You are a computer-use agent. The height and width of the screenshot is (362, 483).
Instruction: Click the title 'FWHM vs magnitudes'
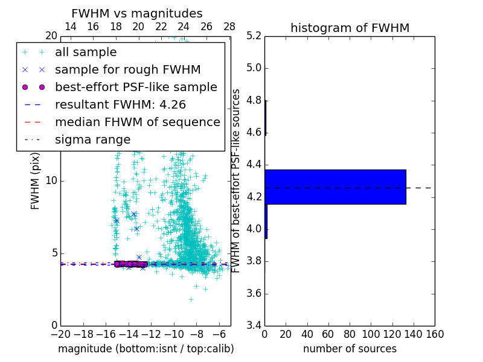[x=137, y=14]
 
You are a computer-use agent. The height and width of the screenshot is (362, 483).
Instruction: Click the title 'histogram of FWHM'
[x=350, y=28]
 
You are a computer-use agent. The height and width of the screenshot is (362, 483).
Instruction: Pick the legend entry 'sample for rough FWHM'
[x=127, y=70]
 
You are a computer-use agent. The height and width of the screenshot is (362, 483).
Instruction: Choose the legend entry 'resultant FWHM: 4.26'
[x=120, y=105]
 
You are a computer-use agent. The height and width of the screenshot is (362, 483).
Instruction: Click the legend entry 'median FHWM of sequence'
[x=137, y=122]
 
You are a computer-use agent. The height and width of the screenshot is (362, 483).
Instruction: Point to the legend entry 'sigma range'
[x=92, y=140]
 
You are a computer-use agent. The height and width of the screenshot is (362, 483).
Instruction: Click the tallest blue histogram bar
[x=335, y=187]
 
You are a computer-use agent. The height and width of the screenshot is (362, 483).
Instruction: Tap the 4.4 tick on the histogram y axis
[x=254, y=164]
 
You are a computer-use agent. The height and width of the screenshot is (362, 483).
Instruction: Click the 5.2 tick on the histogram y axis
[x=254, y=36]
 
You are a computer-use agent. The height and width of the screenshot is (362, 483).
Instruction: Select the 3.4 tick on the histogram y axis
[x=254, y=326]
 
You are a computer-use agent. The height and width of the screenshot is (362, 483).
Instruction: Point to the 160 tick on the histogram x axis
[x=435, y=334]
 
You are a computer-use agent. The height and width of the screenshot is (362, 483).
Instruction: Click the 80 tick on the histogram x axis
[x=350, y=334]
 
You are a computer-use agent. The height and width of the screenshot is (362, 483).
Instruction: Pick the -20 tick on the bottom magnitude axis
[x=60, y=334]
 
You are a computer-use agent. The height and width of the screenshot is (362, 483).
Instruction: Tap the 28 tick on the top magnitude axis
[x=229, y=27]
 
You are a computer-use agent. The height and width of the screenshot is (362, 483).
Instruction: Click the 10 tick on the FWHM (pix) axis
[x=51, y=181]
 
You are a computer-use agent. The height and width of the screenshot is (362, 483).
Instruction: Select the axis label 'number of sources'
[x=350, y=349]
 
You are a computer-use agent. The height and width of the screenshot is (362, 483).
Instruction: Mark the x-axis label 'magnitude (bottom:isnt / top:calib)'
[x=146, y=349]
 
